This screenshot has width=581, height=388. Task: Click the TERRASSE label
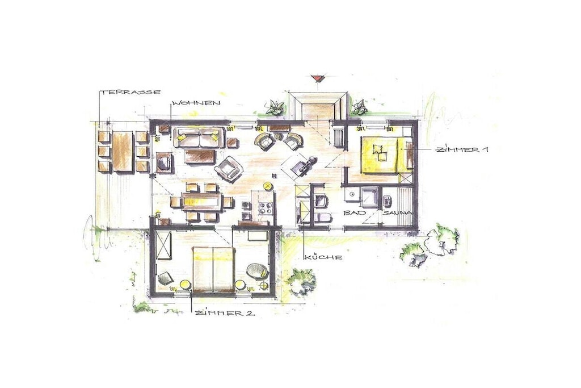click(131, 91)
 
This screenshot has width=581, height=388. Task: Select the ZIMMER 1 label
click(462, 149)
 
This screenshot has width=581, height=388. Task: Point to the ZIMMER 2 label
click(225, 313)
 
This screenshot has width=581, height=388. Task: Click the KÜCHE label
click(322, 257)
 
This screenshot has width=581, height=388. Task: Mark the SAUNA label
click(397, 213)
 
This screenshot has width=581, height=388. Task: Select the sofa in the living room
click(199, 137)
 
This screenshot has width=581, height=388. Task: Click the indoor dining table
click(201, 202)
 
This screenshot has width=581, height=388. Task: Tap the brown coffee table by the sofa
click(200, 156)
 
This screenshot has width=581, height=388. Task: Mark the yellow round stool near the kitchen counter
click(267, 185)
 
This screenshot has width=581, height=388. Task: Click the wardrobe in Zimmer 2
click(164, 245)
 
